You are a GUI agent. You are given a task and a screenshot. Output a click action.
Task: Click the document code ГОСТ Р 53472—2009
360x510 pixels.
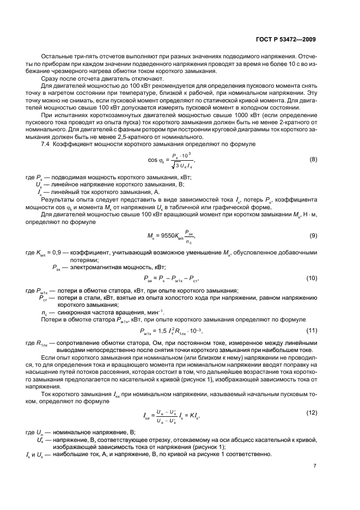(288, 40)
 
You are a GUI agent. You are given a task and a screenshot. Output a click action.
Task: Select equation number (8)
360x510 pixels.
(313, 160)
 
